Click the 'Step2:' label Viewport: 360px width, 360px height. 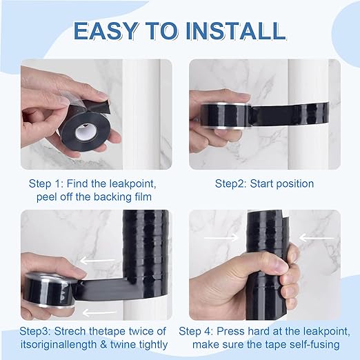click(x=233, y=183)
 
